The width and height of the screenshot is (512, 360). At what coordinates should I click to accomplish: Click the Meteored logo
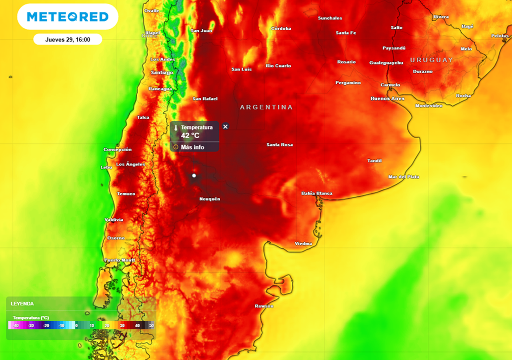[x=67, y=17]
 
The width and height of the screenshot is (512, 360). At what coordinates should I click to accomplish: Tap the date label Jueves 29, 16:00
[x=67, y=39]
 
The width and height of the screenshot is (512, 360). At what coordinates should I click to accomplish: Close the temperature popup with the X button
[x=225, y=126]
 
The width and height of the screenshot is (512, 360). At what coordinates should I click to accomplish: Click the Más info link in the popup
[x=192, y=147]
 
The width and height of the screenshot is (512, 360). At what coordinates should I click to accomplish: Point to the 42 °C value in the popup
[x=190, y=135]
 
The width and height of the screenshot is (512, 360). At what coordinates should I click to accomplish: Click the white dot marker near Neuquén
[x=194, y=175]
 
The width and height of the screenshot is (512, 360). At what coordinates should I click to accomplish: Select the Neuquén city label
[x=209, y=199]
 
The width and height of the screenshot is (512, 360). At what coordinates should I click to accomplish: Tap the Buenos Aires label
[x=387, y=98]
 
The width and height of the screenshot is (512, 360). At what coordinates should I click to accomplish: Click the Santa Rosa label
[x=279, y=145]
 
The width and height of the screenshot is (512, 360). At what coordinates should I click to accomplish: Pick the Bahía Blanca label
[x=316, y=193]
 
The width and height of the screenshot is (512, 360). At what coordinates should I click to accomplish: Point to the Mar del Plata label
[x=403, y=176]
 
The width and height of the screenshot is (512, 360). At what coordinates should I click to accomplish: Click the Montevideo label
[x=428, y=105]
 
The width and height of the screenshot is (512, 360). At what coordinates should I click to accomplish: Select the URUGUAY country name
[x=431, y=60]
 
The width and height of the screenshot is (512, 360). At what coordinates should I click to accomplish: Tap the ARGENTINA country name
[x=266, y=107]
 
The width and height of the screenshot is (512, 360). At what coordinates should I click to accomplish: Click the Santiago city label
[x=161, y=72]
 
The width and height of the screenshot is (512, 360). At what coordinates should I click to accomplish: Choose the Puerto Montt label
[x=119, y=260]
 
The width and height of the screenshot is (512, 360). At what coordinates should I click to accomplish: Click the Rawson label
[x=264, y=305]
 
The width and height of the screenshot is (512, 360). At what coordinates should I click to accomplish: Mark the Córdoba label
[x=281, y=28]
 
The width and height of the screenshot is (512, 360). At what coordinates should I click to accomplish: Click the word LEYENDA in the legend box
[x=22, y=303]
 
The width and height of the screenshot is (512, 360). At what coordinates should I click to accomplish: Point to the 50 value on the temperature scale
[x=150, y=325]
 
